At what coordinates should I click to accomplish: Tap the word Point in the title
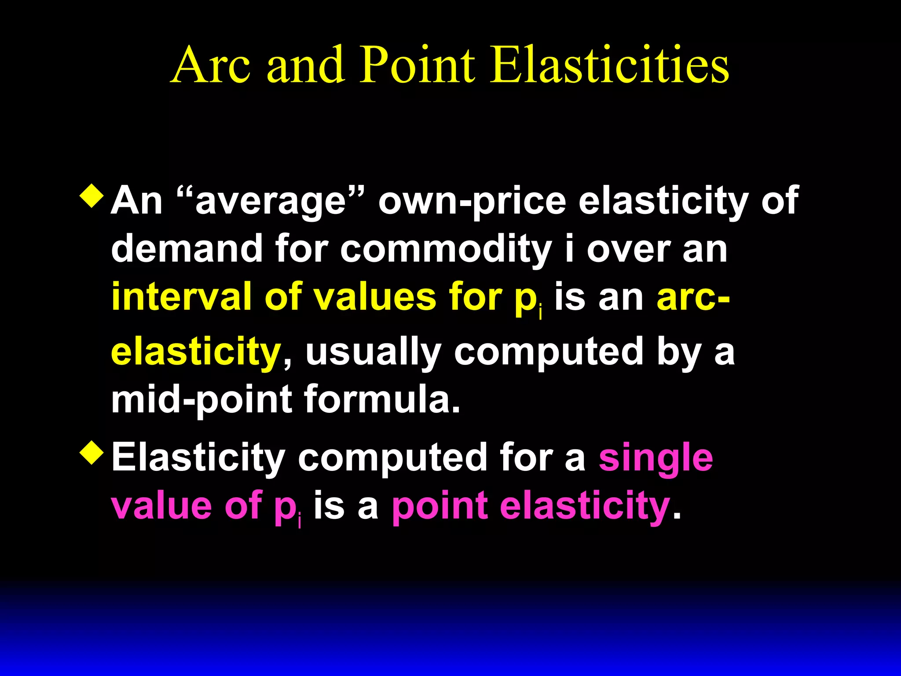[x=418, y=65]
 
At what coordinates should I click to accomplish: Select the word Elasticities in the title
[x=609, y=65]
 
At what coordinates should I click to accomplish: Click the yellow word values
[x=374, y=297]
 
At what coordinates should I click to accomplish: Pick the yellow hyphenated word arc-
[x=693, y=297]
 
